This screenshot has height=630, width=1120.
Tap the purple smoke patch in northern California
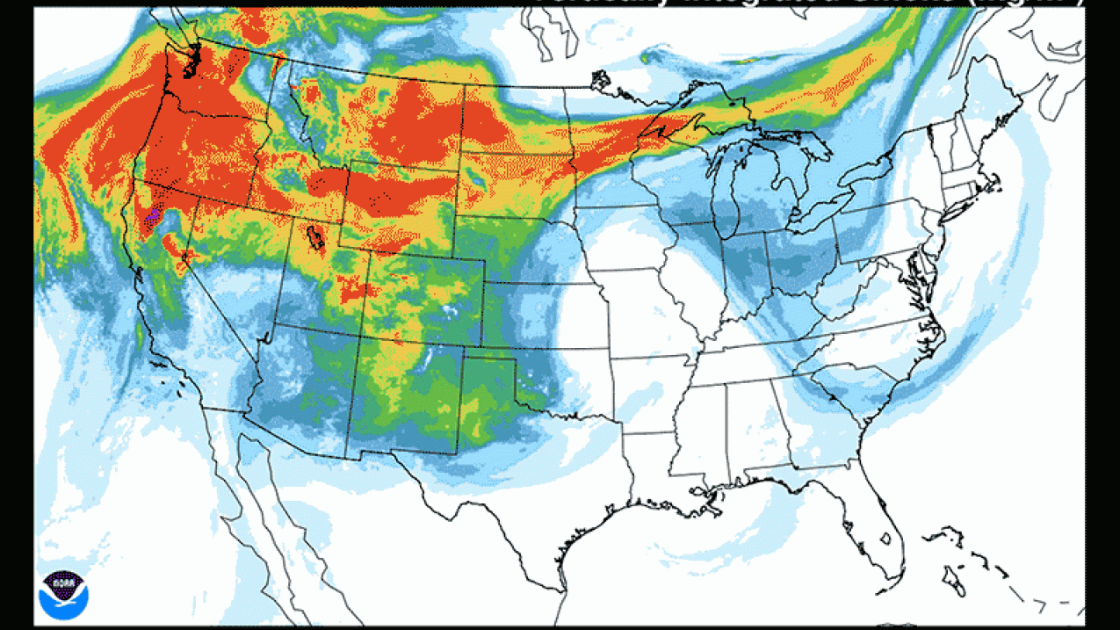tap(155, 214)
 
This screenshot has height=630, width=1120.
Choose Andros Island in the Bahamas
tap(953, 581)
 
